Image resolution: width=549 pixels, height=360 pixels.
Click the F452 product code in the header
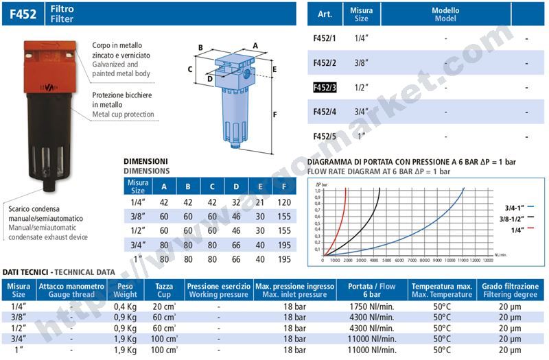click(20, 12)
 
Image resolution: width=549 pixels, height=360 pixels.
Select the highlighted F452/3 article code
click(325, 88)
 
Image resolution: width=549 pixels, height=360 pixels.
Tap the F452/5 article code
click(325, 136)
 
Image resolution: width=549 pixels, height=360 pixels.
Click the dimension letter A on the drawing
click(255, 45)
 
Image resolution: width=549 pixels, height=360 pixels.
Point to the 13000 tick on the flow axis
click(487, 261)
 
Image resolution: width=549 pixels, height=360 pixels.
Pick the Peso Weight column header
click(124, 289)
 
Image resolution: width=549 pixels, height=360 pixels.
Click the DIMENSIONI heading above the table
click(145, 160)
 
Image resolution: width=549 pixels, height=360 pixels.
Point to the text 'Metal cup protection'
click(124, 114)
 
